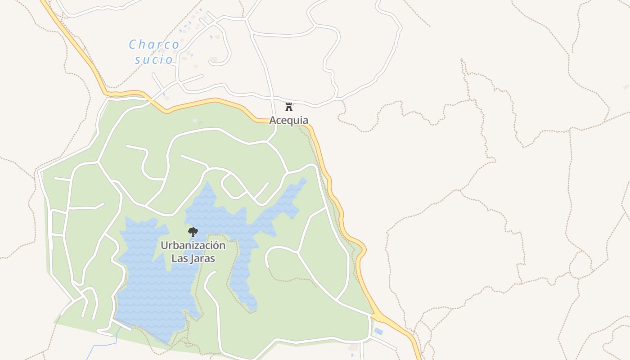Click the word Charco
pyautogui.click(x=154, y=45)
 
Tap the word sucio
pyautogui.click(x=153, y=59)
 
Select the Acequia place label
pyautogui.click(x=289, y=120)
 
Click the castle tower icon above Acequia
pyautogui.click(x=289, y=107)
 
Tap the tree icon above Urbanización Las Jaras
pyautogui.click(x=193, y=232)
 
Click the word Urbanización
pyautogui.click(x=193, y=246)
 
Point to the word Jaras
pyautogui.click(x=201, y=259)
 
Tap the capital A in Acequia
pyautogui.click(x=273, y=120)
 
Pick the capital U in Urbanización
pyautogui.click(x=164, y=246)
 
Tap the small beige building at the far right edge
pyautogui.click(x=625, y=87)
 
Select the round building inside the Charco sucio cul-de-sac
pyautogui.click(x=215, y=59)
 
